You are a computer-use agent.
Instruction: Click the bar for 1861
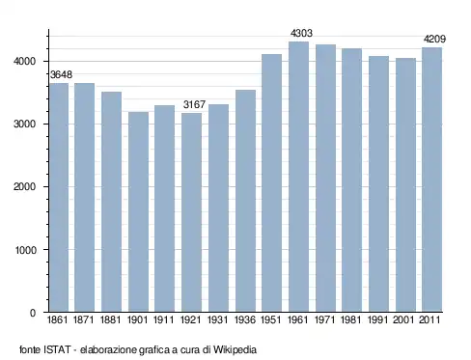59,198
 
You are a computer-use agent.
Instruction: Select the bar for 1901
138,212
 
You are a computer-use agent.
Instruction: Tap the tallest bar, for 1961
298,177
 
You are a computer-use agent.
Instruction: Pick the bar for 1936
245,201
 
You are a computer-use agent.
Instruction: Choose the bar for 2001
405,185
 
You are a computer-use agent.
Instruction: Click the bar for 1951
271,183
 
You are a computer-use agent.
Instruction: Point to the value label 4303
301,33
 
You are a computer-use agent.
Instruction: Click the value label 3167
194,104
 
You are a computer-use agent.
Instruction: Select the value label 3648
62,74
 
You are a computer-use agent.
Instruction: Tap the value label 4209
434,40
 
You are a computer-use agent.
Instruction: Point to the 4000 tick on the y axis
25,61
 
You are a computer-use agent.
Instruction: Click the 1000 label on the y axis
26,250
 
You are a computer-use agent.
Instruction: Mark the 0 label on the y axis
33,313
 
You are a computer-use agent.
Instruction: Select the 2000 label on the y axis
25,187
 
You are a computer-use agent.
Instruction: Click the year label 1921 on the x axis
190,319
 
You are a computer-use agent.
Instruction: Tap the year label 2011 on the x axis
429,319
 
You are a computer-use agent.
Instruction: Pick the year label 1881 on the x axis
111,319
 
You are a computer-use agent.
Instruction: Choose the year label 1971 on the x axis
324,319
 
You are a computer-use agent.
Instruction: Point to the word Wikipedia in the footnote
235,349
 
